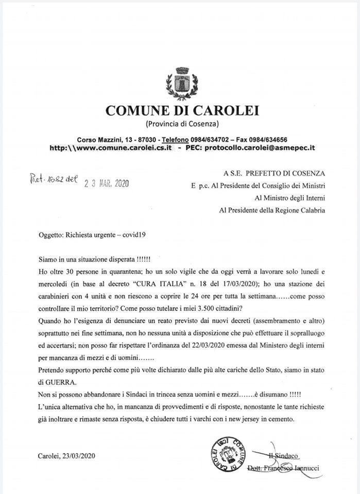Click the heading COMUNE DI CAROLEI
pos(182,110)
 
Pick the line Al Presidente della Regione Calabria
pos(272,210)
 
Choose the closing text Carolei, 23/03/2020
pos(66,455)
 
